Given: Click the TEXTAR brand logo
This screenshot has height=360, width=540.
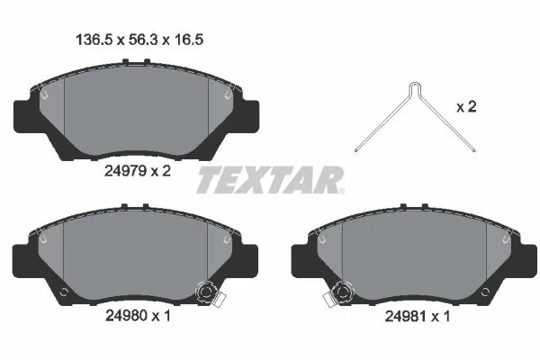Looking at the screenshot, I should coord(269,180).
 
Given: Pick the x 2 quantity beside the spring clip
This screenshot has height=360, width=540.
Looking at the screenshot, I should coord(466,107).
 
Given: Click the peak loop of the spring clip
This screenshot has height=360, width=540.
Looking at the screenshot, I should coord(412,87).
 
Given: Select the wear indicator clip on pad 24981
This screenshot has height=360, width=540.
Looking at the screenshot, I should coord(343,292).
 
